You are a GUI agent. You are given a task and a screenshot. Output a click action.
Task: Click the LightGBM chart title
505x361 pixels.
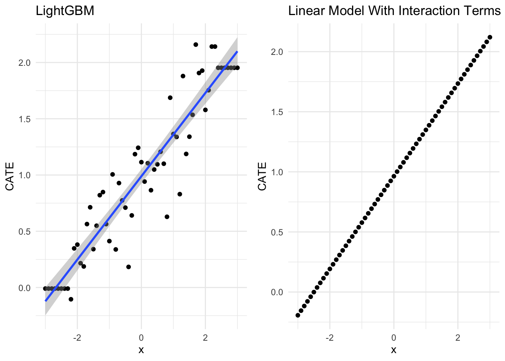(65, 11)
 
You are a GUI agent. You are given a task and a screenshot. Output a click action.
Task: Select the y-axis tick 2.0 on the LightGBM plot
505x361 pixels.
(24, 62)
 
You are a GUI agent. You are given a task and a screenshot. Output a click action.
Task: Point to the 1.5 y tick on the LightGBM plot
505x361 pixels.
(24, 119)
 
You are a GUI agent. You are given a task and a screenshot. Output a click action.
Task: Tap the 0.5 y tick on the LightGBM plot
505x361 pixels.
(24, 231)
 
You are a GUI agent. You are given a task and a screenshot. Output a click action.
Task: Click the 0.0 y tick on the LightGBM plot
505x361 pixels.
(24, 288)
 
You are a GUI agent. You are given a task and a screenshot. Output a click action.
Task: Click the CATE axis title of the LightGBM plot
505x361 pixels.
(10, 176)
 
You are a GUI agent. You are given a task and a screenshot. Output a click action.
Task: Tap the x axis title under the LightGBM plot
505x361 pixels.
(141, 350)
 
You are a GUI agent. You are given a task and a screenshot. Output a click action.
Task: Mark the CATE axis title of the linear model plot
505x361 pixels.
(262, 176)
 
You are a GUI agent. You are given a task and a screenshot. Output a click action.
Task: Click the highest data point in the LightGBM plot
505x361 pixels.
(195, 44)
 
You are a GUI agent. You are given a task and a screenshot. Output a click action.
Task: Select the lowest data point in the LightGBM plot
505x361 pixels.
(71, 299)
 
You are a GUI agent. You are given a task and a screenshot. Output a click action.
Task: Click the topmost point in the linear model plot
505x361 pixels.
(490, 37)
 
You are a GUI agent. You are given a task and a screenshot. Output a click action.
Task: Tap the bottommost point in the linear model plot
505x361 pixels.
(298, 315)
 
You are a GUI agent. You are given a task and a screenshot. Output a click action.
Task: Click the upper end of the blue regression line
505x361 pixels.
(237, 52)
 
